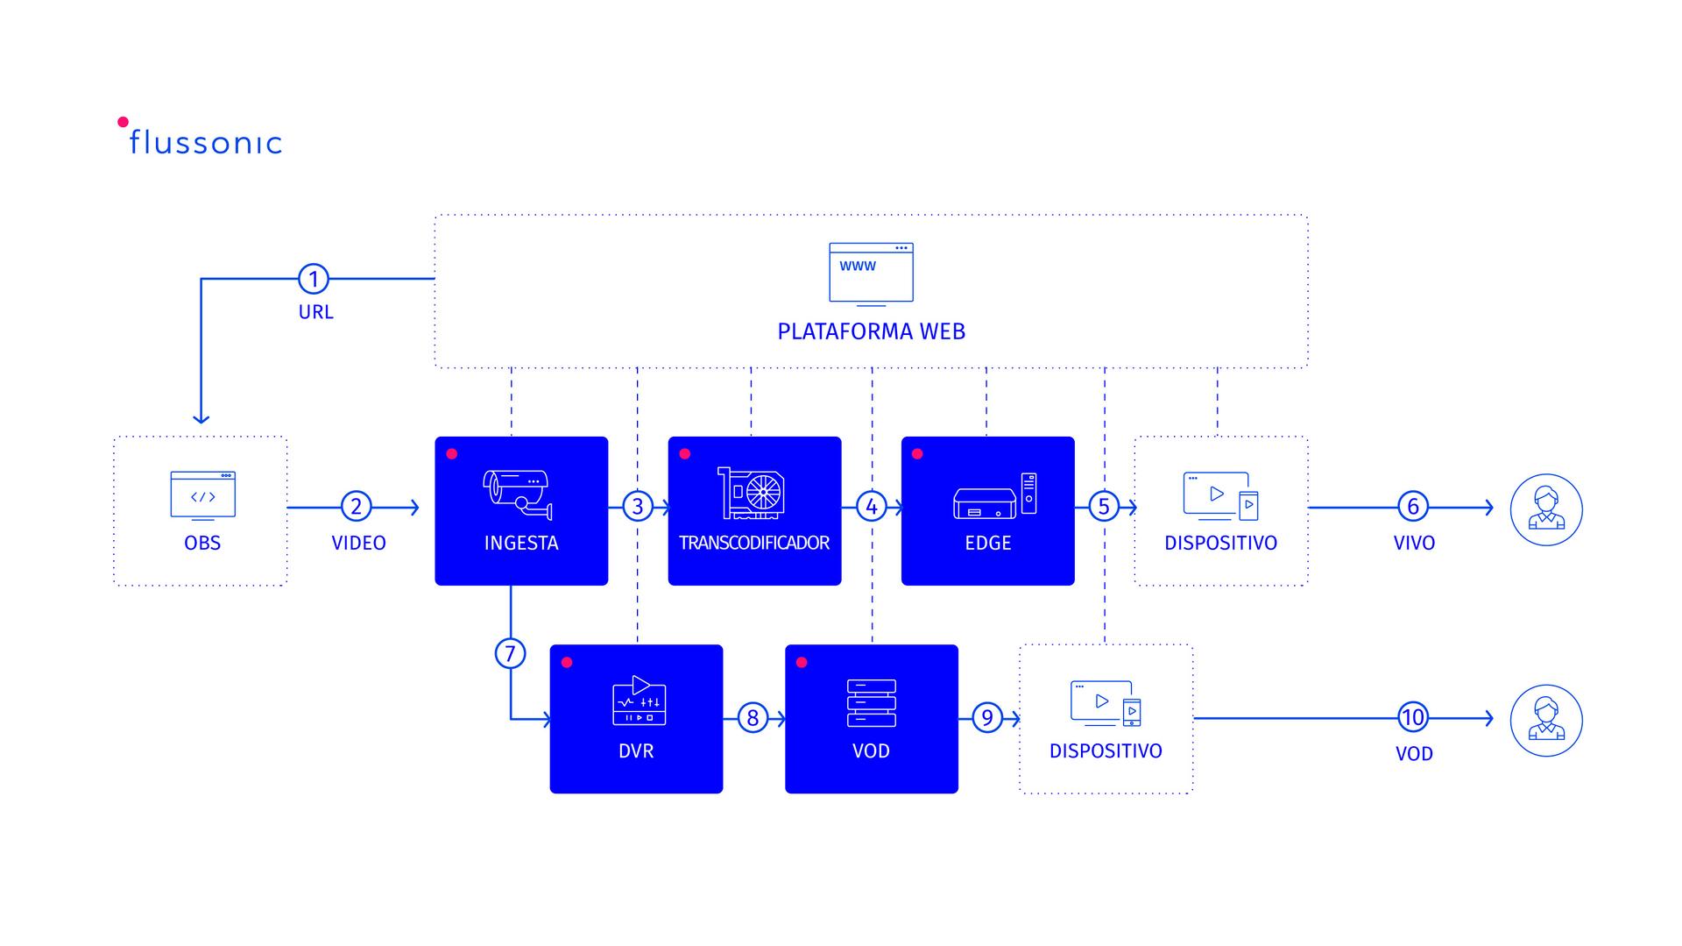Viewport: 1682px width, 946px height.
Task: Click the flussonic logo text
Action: point(205,142)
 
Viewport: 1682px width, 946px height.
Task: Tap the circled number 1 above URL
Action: point(314,279)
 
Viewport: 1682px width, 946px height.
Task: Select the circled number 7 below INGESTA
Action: point(510,653)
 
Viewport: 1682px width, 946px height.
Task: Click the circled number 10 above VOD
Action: point(1412,717)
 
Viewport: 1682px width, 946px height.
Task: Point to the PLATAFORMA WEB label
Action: point(871,331)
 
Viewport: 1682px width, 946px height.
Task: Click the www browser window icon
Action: point(871,274)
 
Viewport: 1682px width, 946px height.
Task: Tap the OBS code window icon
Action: point(202,495)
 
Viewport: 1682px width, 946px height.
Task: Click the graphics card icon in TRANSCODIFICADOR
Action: point(752,493)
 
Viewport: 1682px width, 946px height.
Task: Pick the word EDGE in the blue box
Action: point(987,543)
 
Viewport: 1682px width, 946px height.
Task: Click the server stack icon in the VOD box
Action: point(871,703)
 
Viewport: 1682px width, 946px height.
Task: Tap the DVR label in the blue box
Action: point(636,750)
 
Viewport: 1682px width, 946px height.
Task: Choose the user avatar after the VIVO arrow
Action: point(1545,509)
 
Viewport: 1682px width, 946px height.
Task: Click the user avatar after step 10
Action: point(1545,720)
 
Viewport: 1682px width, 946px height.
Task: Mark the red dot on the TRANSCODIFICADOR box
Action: point(685,454)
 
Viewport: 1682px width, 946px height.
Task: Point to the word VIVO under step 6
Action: point(1414,543)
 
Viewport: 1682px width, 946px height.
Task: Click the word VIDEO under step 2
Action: point(358,543)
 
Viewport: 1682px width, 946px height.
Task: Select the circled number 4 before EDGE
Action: point(871,506)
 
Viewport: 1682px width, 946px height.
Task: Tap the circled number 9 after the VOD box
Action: point(987,718)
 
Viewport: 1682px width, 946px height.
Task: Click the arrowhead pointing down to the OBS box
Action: point(201,418)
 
